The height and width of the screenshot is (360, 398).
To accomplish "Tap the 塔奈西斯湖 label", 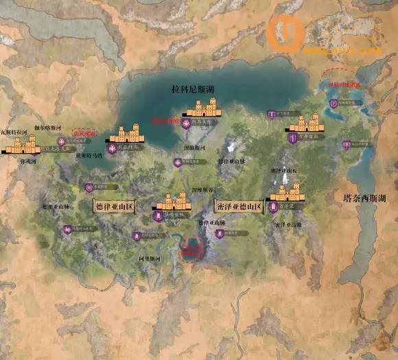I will [364, 198].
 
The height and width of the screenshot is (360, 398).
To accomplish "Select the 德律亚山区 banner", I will [117, 204].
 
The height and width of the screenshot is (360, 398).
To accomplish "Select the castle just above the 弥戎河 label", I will [23, 144].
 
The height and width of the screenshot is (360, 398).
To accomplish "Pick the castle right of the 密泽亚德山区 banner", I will [288, 192].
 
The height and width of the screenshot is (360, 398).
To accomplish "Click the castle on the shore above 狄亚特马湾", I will [126, 133].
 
